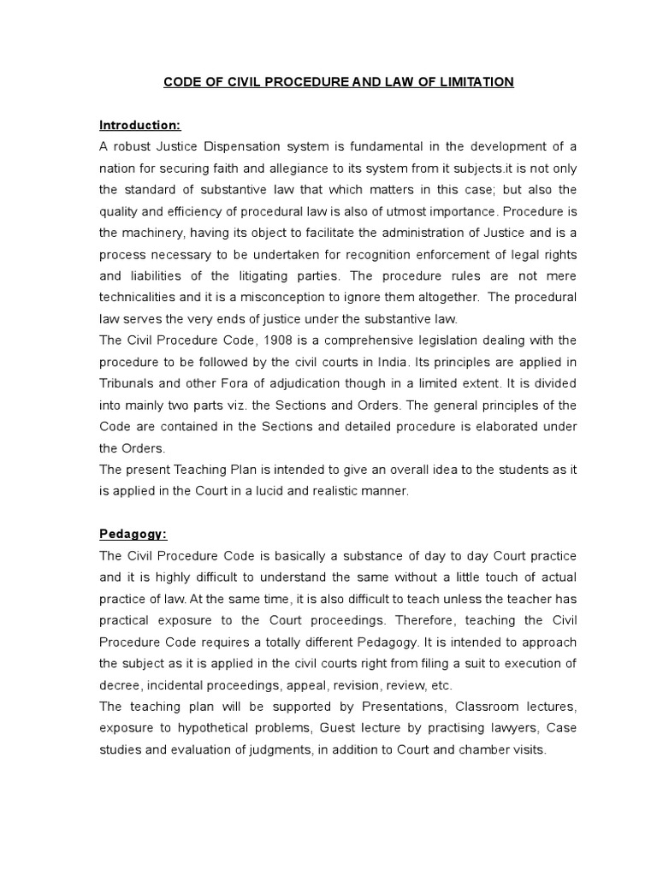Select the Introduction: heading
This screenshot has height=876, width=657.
pyautogui.click(x=139, y=125)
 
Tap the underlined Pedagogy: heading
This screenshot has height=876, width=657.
pyautogui.click(x=133, y=534)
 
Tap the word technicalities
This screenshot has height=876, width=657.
pyautogui.click(x=141, y=296)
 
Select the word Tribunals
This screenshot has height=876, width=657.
pyautogui.click(x=128, y=382)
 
